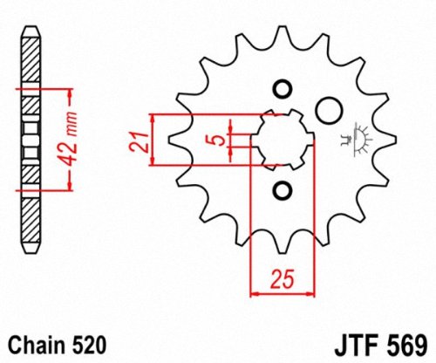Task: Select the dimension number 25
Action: [280, 279]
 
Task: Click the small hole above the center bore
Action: [282, 90]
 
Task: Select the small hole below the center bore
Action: [282, 189]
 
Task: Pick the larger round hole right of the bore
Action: [328, 111]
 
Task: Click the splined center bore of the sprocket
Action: [282, 140]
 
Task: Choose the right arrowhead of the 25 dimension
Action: [308, 293]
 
